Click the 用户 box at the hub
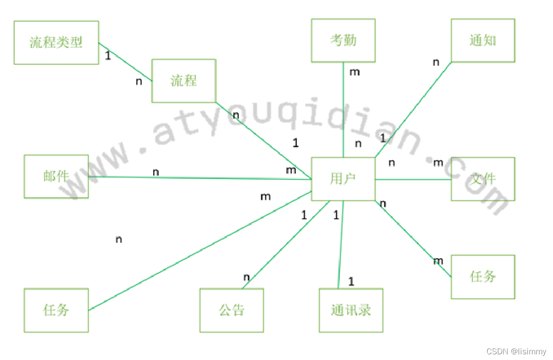[x=343, y=179]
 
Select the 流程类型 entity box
[x=56, y=43]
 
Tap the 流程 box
[x=184, y=81]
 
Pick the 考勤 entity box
[x=343, y=40]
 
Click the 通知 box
[x=483, y=40]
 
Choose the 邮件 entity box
[x=56, y=176]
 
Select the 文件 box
[x=483, y=179]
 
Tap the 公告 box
[x=232, y=310]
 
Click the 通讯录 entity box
[x=351, y=310]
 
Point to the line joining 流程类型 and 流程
[x=125, y=62]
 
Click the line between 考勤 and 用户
[x=343, y=109]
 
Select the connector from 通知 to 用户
[x=413, y=109]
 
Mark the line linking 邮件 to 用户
[x=200, y=178]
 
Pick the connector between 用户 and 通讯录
[x=341, y=244]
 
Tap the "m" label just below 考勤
[x=355, y=72]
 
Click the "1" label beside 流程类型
[x=108, y=56]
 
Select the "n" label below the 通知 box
[x=436, y=63]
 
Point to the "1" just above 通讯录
[x=351, y=282]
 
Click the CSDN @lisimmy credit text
[x=516, y=352]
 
